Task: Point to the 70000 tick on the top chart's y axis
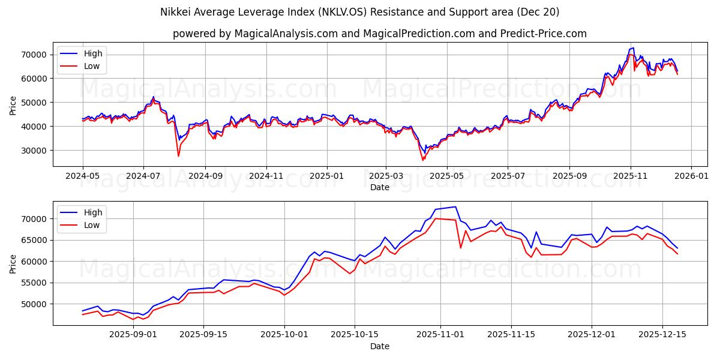[x=35, y=55]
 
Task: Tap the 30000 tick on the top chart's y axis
[x=35, y=151]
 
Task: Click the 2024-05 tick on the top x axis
[x=82, y=176]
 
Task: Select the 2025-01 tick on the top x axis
[x=327, y=176]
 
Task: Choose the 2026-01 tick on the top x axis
[x=691, y=176]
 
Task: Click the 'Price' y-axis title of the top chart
[x=13, y=105]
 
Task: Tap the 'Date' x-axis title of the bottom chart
[x=379, y=346]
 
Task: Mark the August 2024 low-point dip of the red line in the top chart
[x=178, y=156]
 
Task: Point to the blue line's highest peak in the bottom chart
[x=455, y=207]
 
